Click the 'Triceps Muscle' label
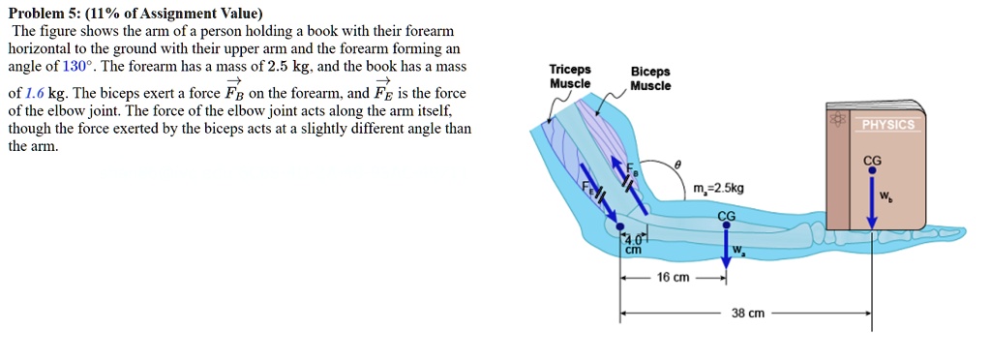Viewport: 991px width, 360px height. pyautogui.click(x=570, y=76)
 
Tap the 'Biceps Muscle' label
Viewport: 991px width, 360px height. pyautogui.click(x=649, y=78)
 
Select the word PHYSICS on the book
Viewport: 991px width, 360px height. pyautogui.click(x=887, y=125)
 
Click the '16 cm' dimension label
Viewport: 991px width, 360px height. pyautogui.click(x=673, y=278)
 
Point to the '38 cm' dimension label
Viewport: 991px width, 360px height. pyautogui.click(x=748, y=314)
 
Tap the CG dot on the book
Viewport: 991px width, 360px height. pyautogui.click(x=872, y=170)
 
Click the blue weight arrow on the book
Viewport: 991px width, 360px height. pyautogui.click(x=872, y=203)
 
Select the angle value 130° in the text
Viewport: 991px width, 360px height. pyautogui.click(x=75, y=67)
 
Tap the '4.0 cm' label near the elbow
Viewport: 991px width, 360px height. pyautogui.click(x=633, y=243)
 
